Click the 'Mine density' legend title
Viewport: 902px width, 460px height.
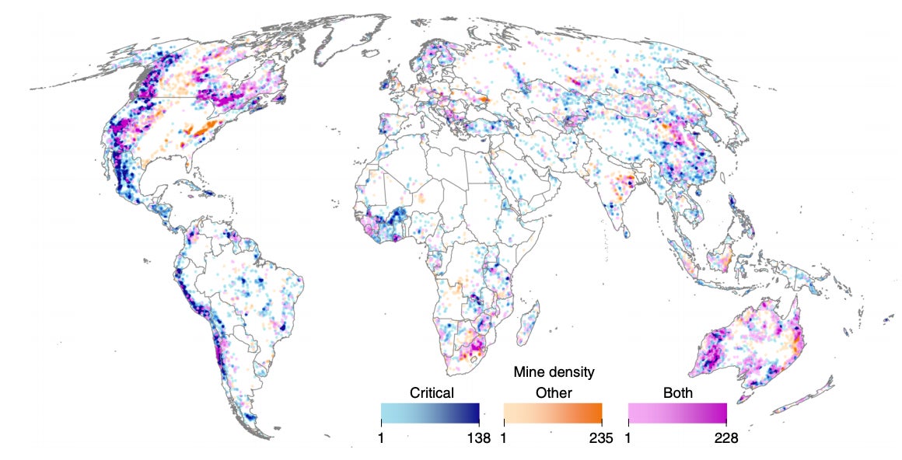pyautogui.click(x=554, y=372)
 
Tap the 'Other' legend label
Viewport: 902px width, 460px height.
pyautogui.click(x=553, y=392)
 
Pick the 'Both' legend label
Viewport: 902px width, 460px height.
pyautogui.click(x=677, y=392)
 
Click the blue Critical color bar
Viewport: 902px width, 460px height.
pyautogui.click(x=430, y=412)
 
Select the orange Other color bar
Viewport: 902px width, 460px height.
pyautogui.click(x=553, y=412)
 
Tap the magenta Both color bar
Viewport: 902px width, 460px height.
pyautogui.click(x=677, y=412)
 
